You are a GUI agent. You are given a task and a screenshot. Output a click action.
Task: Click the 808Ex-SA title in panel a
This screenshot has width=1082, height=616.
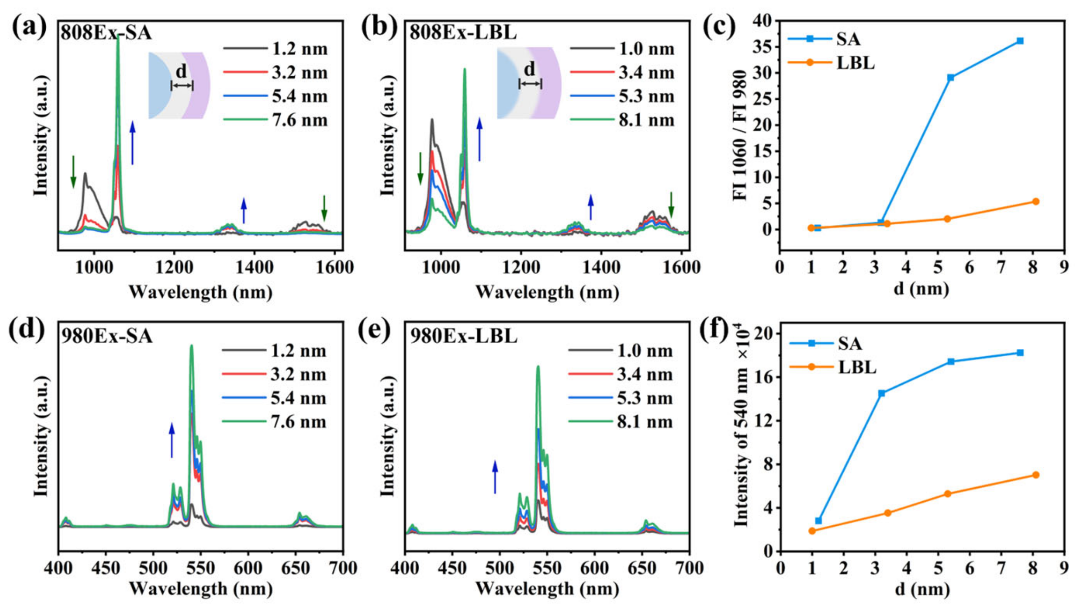(106, 33)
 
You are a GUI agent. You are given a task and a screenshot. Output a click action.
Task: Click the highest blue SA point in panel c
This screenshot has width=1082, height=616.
(1020, 41)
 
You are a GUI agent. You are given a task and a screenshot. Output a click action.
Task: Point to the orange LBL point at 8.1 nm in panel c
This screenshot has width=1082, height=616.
(1035, 201)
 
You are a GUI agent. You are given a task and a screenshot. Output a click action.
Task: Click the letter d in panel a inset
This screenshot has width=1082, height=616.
(181, 71)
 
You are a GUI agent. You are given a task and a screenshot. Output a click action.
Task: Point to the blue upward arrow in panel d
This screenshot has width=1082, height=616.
(171, 440)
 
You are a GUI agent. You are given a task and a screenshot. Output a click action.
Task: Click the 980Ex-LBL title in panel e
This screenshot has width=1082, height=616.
(464, 336)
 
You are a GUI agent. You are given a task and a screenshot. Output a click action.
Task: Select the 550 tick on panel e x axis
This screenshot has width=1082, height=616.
(547, 568)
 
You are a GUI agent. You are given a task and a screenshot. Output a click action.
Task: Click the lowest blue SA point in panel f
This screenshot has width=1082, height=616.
(819, 521)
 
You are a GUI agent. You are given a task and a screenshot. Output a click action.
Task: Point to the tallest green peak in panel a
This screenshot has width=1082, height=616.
(118, 38)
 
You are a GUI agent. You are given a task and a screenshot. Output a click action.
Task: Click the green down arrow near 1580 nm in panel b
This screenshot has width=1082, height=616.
(671, 205)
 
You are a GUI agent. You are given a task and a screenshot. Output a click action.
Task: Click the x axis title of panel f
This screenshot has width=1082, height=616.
(922, 589)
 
